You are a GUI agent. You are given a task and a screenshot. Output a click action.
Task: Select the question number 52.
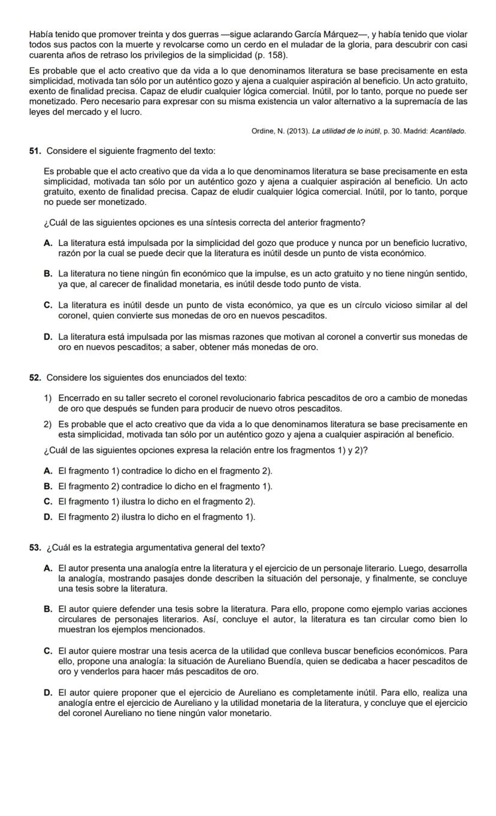click(x=35, y=378)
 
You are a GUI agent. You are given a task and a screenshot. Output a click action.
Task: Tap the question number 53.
click(x=35, y=548)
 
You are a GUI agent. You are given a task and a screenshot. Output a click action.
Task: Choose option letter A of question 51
click(x=47, y=243)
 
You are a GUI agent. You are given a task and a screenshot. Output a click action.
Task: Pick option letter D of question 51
click(x=47, y=336)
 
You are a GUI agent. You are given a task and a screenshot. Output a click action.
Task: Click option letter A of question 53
click(x=47, y=568)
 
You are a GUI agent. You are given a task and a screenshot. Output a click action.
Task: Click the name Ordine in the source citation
click(x=264, y=131)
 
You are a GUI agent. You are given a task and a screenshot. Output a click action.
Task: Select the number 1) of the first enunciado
click(x=48, y=398)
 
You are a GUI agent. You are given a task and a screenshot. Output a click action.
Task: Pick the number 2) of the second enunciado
click(x=48, y=424)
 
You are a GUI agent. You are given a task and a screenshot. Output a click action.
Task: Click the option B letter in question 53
click(x=47, y=609)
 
